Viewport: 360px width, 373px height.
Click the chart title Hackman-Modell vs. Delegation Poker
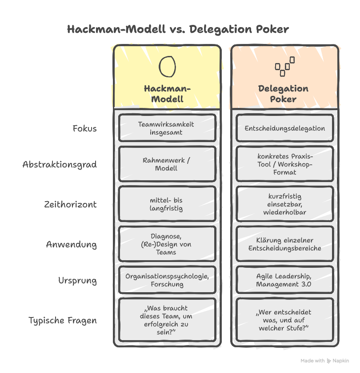point(178,29)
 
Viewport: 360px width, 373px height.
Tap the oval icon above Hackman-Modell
point(167,66)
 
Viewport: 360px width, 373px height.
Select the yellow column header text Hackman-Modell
point(167,94)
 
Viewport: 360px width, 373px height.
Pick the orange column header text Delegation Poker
point(284,94)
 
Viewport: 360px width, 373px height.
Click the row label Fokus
point(84,129)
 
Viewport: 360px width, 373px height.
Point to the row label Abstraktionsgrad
point(60,165)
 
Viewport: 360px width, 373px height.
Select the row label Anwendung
point(71,245)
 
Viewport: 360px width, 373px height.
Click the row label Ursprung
point(77,281)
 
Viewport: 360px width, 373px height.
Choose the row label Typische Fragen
point(63,320)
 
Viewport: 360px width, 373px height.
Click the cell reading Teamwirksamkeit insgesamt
point(167,128)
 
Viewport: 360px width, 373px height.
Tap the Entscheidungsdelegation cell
point(284,128)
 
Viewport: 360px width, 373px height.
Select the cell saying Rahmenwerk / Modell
point(167,164)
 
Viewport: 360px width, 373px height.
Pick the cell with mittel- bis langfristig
point(167,204)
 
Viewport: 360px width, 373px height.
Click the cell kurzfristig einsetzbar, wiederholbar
point(284,204)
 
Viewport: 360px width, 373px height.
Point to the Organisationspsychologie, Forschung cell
point(167,280)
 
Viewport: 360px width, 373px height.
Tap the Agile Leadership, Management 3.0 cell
point(284,280)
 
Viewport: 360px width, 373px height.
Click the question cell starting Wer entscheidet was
point(284,320)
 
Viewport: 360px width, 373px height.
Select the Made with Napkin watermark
point(324,361)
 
